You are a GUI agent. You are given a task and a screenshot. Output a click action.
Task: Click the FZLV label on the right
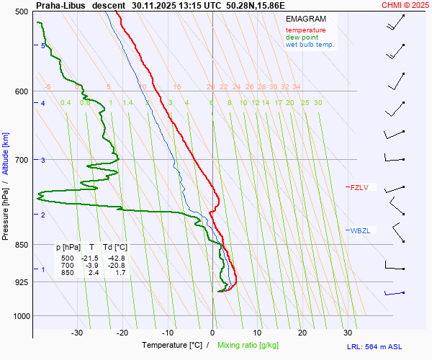[x=359, y=188]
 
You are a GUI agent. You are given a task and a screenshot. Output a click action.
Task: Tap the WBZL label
[x=360, y=230]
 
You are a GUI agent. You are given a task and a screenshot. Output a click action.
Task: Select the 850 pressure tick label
[x=21, y=246]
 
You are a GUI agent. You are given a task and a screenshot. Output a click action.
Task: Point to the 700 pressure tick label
[x=21, y=159]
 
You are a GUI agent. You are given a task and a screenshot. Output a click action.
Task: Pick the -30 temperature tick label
[x=77, y=333]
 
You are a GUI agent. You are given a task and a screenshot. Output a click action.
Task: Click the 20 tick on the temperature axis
[x=302, y=333]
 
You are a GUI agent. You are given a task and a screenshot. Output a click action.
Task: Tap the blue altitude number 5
[x=43, y=46]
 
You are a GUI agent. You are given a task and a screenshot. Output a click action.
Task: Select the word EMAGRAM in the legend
[x=305, y=19]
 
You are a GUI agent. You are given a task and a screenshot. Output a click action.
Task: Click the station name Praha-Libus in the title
[x=60, y=5]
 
